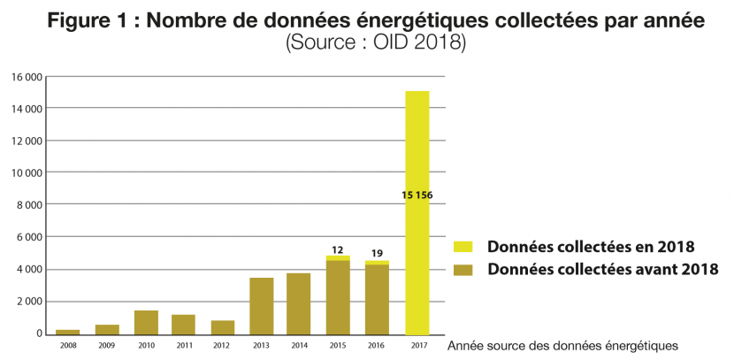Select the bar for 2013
262,306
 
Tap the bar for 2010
146,323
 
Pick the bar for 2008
68,332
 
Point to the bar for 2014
299,303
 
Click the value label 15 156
417,195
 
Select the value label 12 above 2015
338,249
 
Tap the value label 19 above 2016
377,254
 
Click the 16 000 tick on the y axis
27,77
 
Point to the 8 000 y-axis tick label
29,205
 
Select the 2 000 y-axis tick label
29,302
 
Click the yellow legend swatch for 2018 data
463,247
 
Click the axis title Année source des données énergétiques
563,345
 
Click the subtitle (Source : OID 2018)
375,42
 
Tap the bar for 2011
184,325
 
